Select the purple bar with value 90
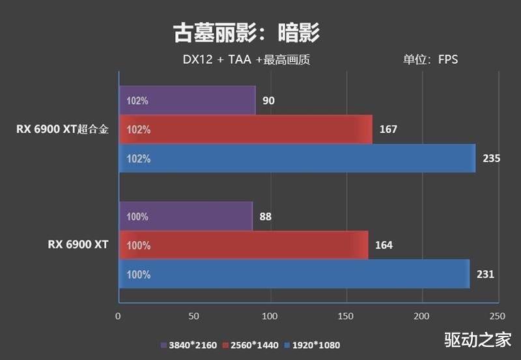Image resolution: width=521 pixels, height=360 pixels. [x=187, y=101]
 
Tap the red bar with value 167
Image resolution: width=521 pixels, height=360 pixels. [x=246, y=130]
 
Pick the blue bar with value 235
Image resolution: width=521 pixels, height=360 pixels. [x=297, y=158]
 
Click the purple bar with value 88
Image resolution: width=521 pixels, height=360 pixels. [x=186, y=216]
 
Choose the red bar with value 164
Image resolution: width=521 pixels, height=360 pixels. [x=244, y=245]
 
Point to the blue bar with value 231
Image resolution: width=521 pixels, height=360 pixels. [x=294, y=274]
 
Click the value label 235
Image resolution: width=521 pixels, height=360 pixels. [x=491, y=158]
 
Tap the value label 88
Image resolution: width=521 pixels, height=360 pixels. [x=265, y=217]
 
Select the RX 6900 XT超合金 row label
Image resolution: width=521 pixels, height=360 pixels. [x=63, y=129]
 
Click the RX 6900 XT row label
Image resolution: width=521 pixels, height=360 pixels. [x=77, y=245]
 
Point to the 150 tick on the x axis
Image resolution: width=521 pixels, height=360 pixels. [x=346, y=316]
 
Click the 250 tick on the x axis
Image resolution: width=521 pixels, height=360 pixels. [x=497, y=316]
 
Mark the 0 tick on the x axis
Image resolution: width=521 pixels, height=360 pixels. [x=118, y=316]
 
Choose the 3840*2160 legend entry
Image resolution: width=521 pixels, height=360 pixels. [x=190, y=345]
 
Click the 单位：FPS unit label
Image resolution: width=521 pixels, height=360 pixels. [x=430, y=60]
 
